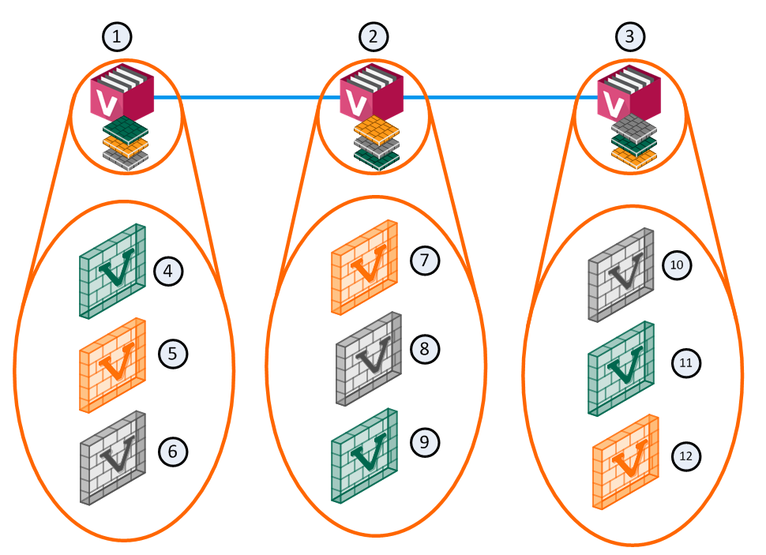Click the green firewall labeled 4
point(114,271)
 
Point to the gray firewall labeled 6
point(113,458)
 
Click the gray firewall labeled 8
point(369,358)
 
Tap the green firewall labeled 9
point(363,454)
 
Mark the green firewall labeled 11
point(622,368)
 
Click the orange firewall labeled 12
point(625,461)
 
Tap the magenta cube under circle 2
point(371,93)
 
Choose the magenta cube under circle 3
point(629,93)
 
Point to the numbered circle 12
point(685,456)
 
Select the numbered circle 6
point(173,451)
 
